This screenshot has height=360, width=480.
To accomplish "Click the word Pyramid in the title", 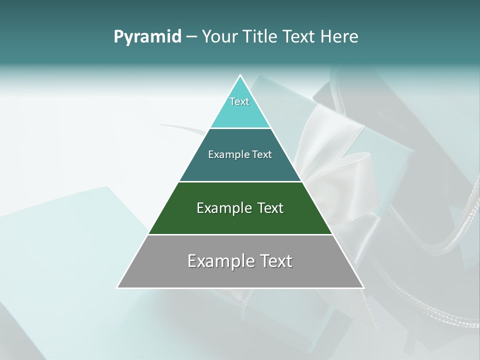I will pos(147,37).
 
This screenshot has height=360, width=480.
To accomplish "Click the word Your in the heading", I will pos(219,36).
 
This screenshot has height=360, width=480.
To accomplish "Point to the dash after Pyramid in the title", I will pos(191,37).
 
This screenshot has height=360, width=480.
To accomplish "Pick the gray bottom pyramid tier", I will pos(240,275).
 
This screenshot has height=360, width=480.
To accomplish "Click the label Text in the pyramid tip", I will pos(239,101).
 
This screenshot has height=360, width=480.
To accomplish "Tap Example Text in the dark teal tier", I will pos(240,154).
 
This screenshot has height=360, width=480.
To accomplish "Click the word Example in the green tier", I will pos(222,208).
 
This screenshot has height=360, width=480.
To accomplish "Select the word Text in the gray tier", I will pos(275,261).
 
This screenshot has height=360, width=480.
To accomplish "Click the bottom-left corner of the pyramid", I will pos(118,287).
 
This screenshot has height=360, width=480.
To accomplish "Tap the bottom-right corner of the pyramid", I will pos(363,287).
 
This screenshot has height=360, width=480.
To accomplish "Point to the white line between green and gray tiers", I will pos(240,234).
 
